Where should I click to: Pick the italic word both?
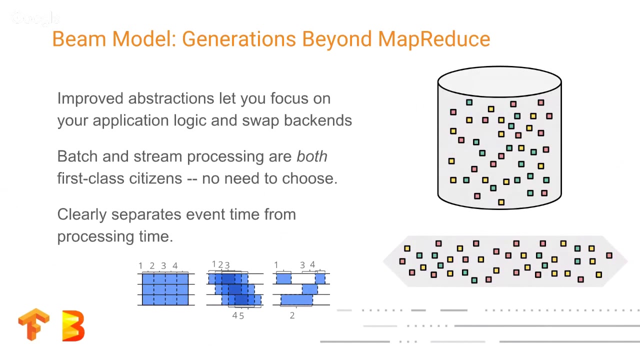(311, 156)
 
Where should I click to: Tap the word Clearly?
(82, 214)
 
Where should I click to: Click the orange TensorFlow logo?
(34, 325)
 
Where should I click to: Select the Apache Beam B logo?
(73, 325)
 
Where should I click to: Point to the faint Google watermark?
(35, 19)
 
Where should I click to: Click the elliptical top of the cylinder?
(499, 81)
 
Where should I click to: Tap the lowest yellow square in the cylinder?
(501, 202)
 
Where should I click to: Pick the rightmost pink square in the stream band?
(609, 255)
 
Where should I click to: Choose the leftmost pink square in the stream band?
(402, 261)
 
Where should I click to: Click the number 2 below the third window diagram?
(292, 315)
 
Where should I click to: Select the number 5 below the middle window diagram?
(241, 315)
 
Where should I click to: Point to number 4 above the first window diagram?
(175, 266)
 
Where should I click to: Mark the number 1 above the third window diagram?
(276, 265)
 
